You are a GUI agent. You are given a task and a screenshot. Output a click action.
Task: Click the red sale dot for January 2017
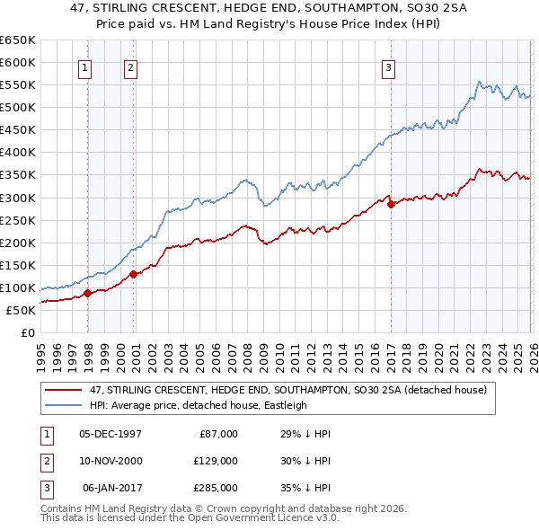pyautogui.click(x=391, y=204)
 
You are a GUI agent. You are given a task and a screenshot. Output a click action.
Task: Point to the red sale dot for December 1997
pyautogui.click(x=87, y=293)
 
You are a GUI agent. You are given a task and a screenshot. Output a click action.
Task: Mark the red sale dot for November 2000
pyautogui.click(x=134, y=274)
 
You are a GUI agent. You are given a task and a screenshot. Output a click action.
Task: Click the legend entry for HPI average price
pyautogui.click(x=199, y=405)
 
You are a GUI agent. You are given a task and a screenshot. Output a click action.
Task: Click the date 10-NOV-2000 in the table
pyautogui.click(x=110, y=461)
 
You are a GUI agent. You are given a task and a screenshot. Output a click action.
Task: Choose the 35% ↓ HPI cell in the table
pyautogui.click(x=305, y=488)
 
